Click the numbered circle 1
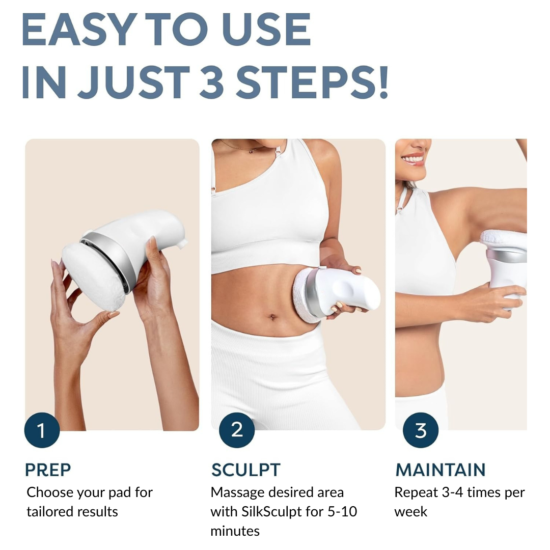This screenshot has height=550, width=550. tap(42, 430)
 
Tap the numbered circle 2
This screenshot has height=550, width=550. tap(237, 430)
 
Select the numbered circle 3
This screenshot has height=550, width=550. tap(421, 430)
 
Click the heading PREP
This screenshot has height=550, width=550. tap(48, 470)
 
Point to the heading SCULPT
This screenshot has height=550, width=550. tap(245, 470)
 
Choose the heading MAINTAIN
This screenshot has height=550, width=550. tap(441, 470)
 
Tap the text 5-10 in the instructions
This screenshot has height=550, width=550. tap(342, 512)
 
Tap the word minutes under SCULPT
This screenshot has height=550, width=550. tap(235, 531)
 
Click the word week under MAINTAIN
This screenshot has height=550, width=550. tap(411, 512)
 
